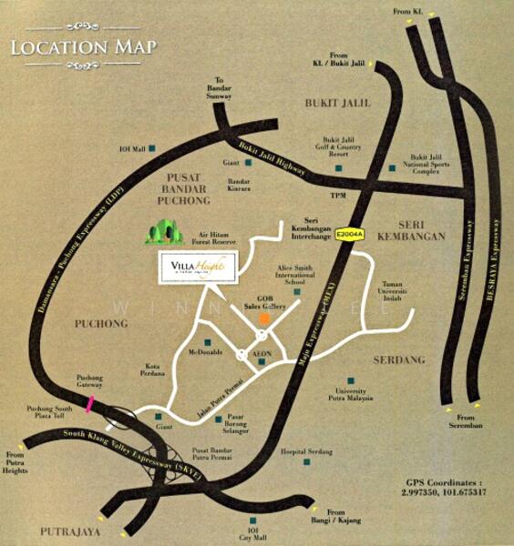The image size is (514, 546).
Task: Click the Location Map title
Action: tap(83, 45)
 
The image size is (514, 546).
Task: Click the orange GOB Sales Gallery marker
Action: tap(263, 319)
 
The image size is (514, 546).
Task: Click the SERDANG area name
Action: tap(398, 360)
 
